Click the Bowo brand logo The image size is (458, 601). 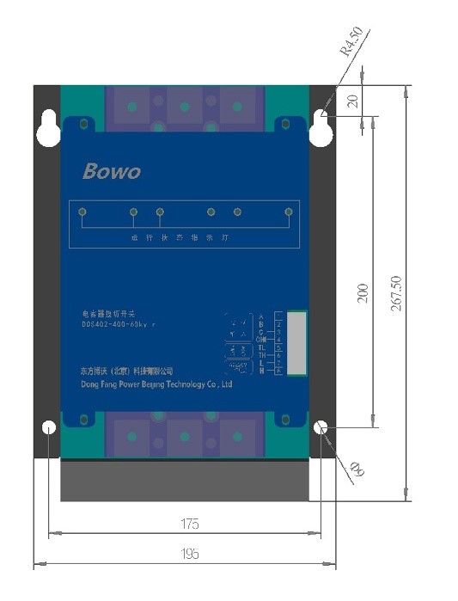pos(111,170)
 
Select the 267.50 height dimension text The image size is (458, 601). pos(395,293)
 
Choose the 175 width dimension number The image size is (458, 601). pos(190,523)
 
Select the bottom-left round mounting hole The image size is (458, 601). pos(49,427)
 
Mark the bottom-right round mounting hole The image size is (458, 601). pos(321,427)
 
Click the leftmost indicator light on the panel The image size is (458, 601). pos(82,212)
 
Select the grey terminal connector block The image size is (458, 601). pos(295,343)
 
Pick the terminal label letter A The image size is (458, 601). pos(260,317)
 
